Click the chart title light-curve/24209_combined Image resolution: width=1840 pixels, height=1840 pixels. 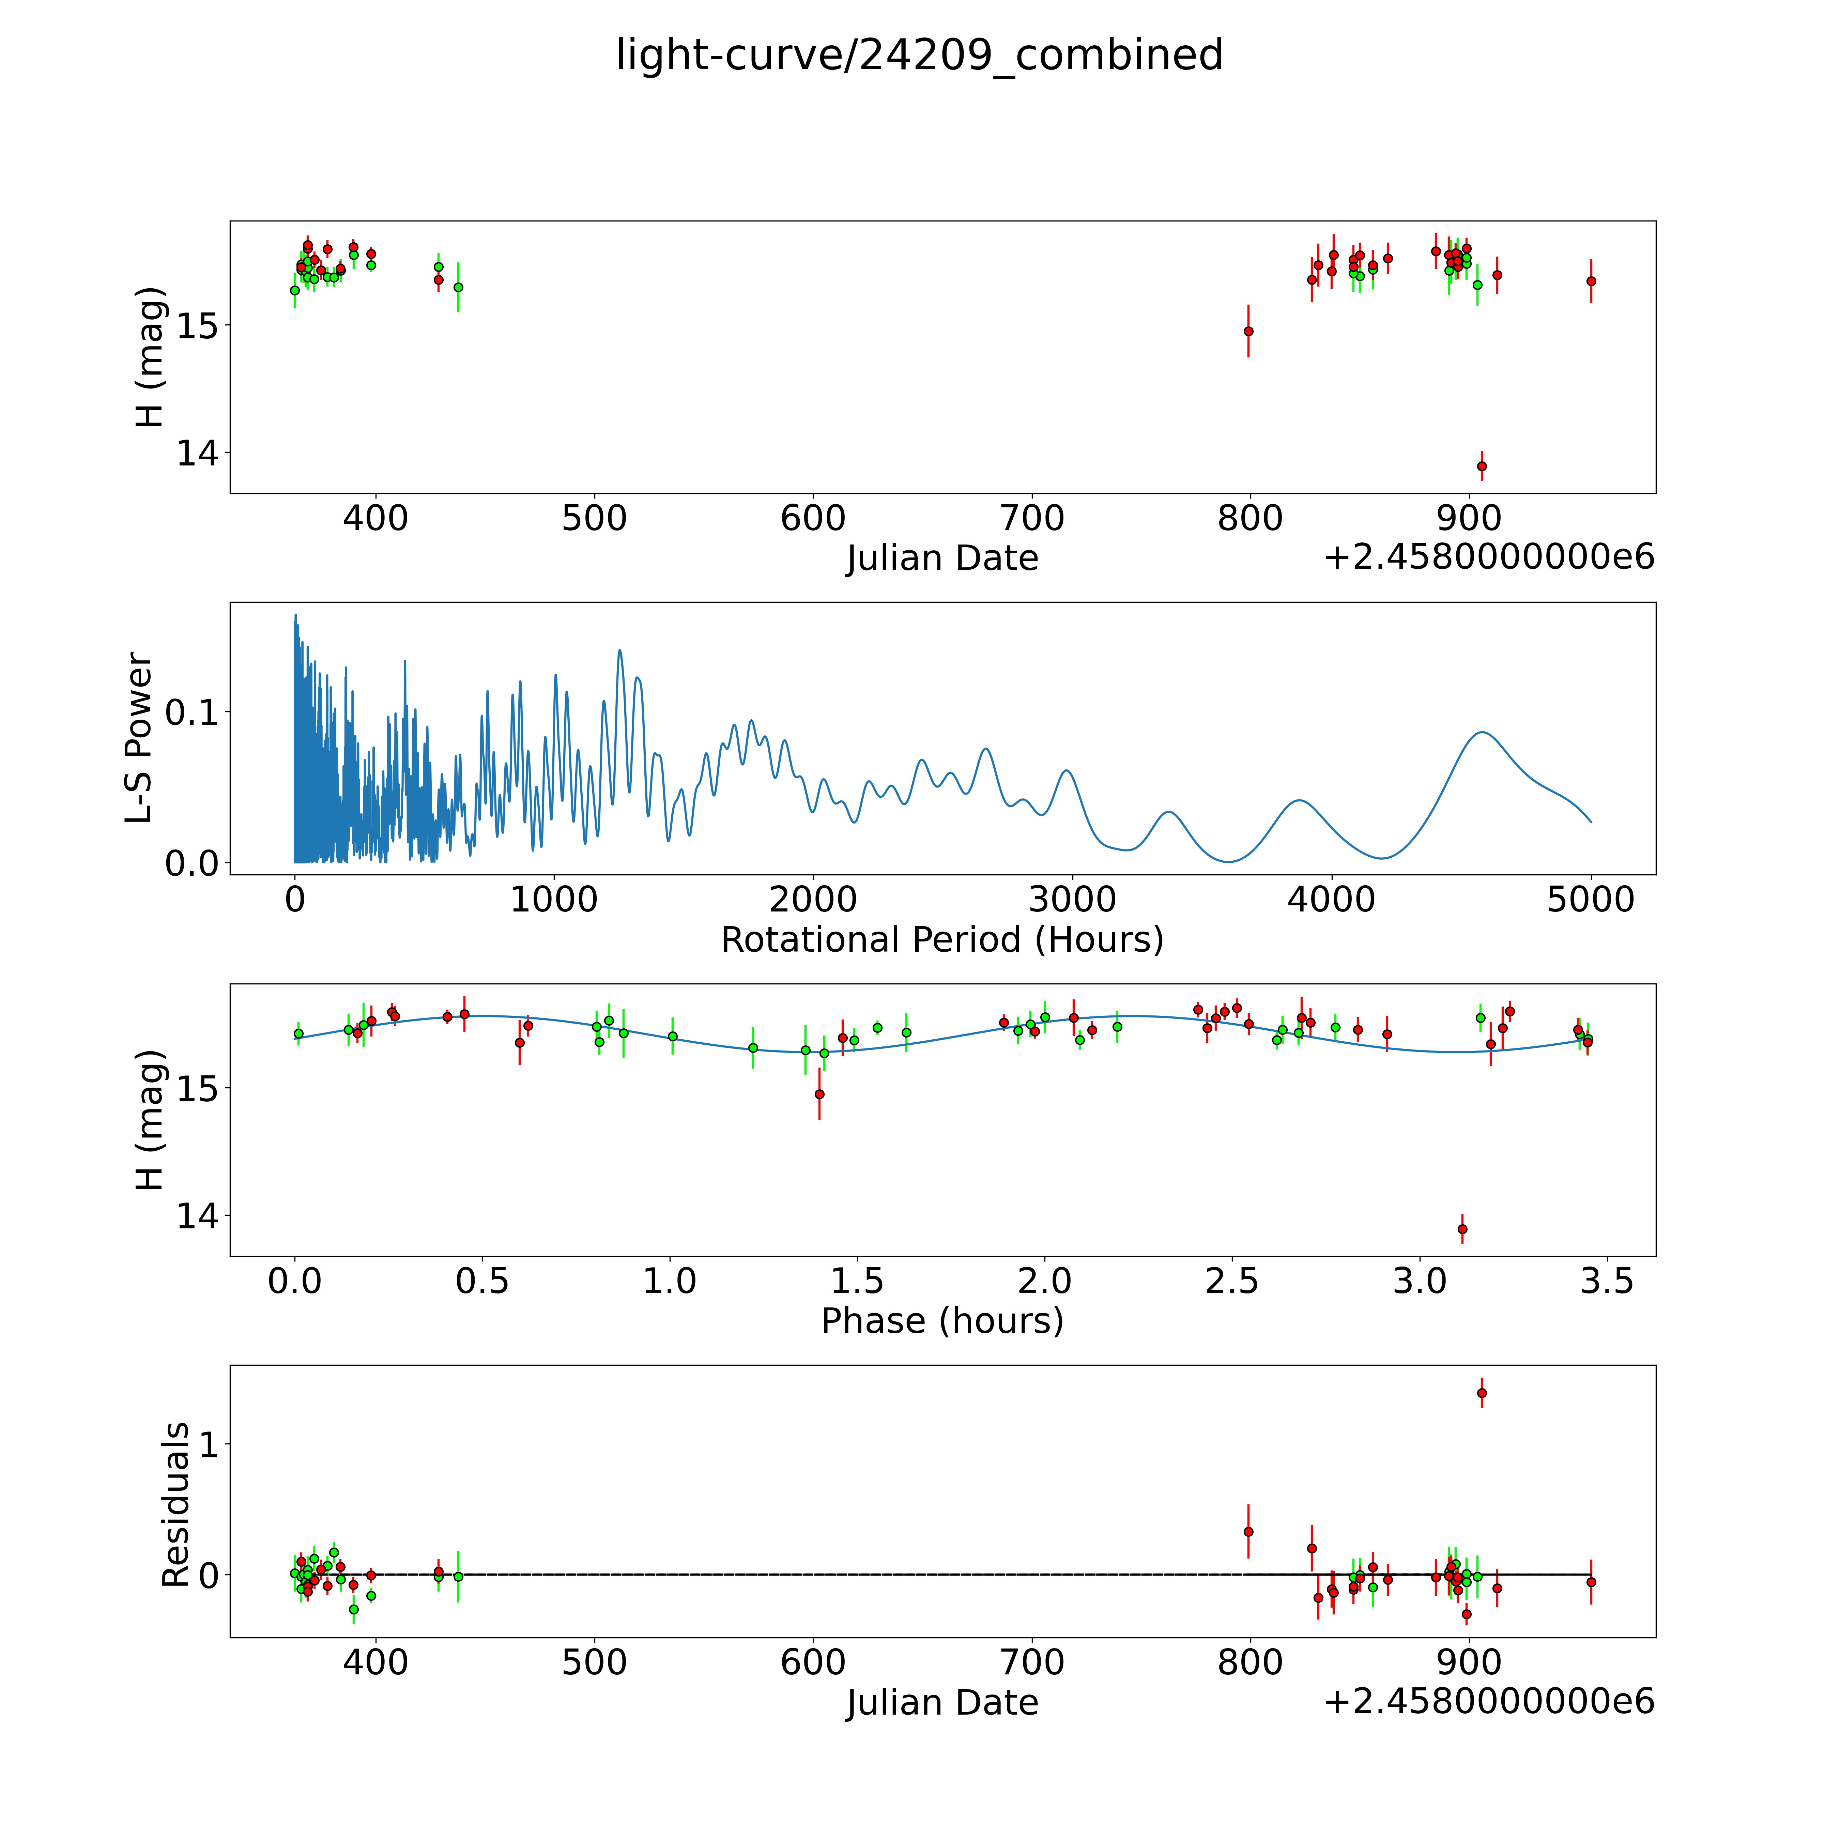[919, 55]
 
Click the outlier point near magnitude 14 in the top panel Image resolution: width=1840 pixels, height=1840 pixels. [1481, 466]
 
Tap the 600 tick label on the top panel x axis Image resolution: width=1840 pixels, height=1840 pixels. [812, 519]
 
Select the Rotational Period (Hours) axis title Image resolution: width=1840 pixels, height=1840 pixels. [942, 940]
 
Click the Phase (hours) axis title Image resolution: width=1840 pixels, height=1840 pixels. [942, 1321]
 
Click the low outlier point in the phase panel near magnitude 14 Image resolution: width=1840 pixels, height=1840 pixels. [1462, 1229]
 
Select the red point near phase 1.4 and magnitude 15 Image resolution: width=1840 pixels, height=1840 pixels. [819, 1093]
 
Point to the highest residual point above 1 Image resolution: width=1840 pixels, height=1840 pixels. [1481, 1392]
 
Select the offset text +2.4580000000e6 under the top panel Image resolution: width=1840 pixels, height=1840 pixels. [1489, 557]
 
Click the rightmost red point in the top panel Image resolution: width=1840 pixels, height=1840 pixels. [1591, 281]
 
